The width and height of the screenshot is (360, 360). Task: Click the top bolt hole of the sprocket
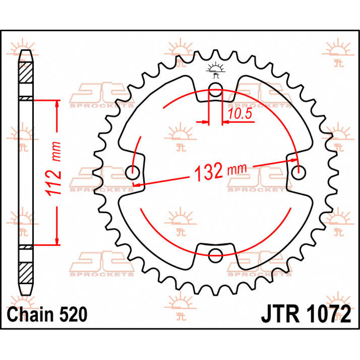point(215,89)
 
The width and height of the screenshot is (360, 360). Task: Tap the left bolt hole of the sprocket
point(133,173)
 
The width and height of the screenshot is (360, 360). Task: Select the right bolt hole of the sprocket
point(298,173)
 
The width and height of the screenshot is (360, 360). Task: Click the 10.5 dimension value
point(239,114)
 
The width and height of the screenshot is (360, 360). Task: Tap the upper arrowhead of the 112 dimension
point(57,103)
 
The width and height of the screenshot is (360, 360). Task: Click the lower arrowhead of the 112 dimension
point(57,241)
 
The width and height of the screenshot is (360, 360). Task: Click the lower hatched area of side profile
point(26,273)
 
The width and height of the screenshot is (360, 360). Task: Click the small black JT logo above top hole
point(215,70)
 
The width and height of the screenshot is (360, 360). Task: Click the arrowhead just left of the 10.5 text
point(225,122)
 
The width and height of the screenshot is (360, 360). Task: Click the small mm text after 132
point(237,169)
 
